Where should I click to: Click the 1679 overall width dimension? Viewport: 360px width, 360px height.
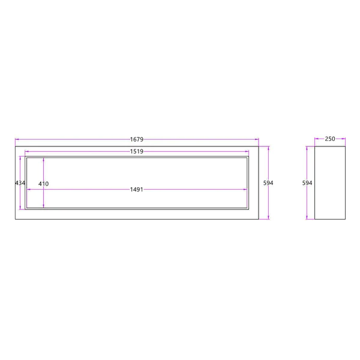(x=137, y=139)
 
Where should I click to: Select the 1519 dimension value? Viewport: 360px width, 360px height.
(x=137, y=152)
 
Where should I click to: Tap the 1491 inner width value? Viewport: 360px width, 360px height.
(x=137, y=190)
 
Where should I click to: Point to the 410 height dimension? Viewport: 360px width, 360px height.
(x=43, y=184)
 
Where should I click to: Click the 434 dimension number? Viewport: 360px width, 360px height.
(x=20, y=183)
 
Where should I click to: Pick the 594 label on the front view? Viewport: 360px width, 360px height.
(x=268, y=183)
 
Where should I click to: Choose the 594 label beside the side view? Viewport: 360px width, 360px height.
(x=307, y=183)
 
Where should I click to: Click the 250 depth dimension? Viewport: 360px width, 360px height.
(x=330, y=139)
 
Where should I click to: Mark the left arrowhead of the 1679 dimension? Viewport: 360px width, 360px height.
(x=17, y=139)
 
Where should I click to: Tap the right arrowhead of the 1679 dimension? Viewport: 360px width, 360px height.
(x=257, y=139)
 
